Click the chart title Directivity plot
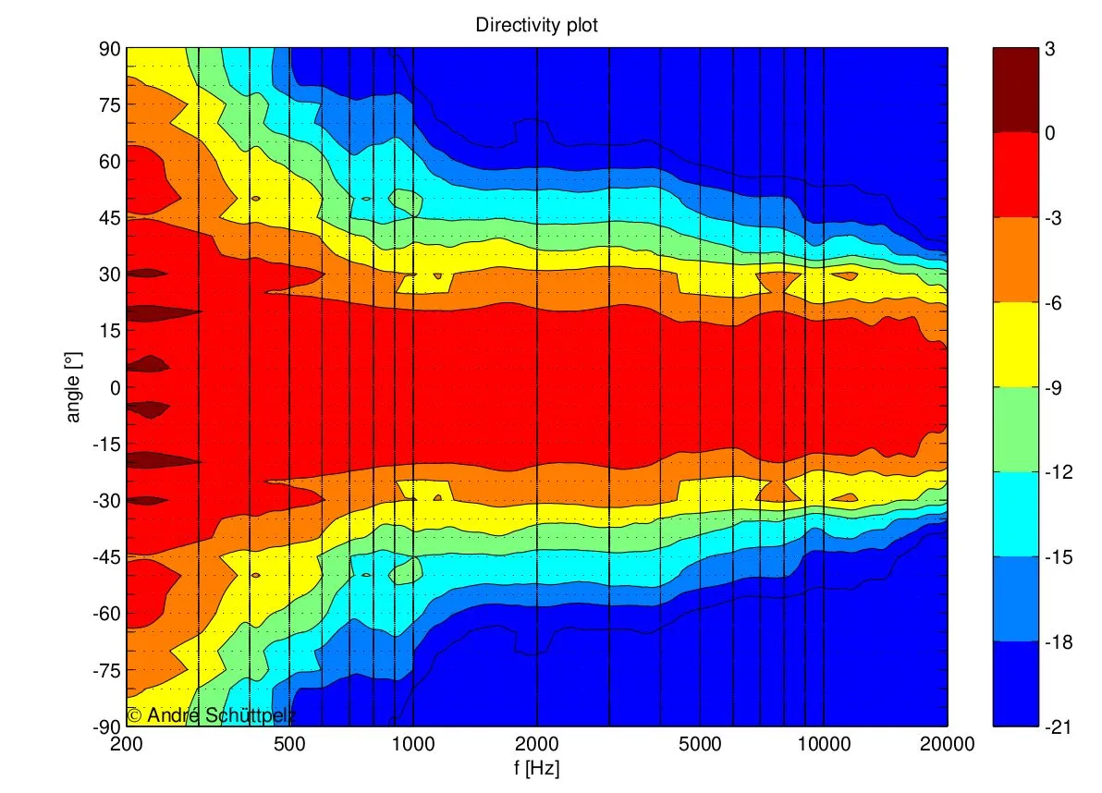[536, 25]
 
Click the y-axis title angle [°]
[73, 387]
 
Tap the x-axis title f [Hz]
[536, 767]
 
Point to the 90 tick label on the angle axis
[109, 49]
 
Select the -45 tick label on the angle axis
[106, 557]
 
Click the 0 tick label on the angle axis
[115, 388]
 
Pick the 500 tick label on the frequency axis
[289, 744]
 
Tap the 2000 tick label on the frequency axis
[536, 744]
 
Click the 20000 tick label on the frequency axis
[947, 744]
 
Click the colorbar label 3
[1050, 49]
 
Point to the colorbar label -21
[1059, 727]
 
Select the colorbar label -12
[1059, 472]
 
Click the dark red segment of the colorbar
[1015, 90]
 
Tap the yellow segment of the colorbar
[1015, 344]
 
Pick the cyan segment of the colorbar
[1015, 514]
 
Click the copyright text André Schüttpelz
[211, 715]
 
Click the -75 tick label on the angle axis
[106, 671]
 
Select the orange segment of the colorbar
[1015, 259]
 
